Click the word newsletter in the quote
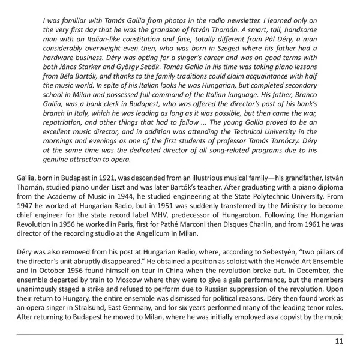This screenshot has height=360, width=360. pos(296,19)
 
